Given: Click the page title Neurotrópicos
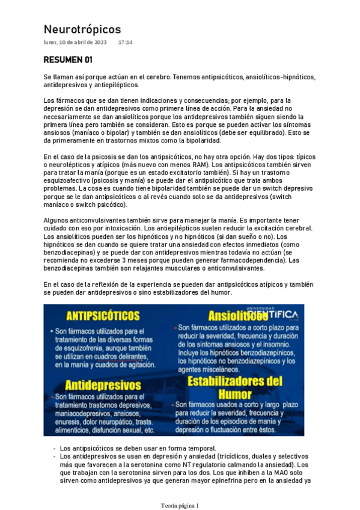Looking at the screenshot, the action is (82, 29).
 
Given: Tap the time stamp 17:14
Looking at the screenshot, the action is (126, 43).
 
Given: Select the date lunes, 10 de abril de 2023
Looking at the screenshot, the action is (75, 43).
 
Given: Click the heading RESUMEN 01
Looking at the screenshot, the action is (68, 61).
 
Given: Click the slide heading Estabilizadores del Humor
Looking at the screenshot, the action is (234, 387).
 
